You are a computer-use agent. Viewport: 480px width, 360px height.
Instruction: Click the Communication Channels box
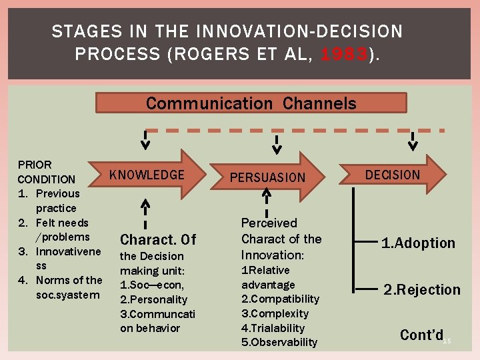click(251, 103)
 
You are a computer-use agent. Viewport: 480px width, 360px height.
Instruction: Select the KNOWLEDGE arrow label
click(147, 175)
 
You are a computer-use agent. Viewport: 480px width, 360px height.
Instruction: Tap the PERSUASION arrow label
click(267, 177)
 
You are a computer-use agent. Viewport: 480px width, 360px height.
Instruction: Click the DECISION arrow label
click(393, 175)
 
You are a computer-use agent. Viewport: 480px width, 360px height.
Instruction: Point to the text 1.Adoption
click(418, 243)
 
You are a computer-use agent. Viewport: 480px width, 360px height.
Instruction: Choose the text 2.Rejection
click(421, 289)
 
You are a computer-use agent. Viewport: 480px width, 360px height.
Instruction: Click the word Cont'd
click(421, 335)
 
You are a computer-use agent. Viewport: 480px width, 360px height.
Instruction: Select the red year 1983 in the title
click(343, 54)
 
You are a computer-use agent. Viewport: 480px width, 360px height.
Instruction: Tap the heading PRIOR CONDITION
click(46, 171)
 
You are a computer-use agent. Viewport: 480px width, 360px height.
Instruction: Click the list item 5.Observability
click(279, 342)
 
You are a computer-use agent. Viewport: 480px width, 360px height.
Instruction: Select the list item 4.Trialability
click(273, 328)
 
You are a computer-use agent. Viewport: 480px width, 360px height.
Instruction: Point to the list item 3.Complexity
click(275, 313)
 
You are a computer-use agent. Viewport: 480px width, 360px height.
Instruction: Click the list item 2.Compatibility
click(280, 299)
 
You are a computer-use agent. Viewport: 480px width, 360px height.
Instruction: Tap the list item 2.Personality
click(153, 299)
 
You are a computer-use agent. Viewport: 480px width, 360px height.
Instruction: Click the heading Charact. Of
click(158, 239)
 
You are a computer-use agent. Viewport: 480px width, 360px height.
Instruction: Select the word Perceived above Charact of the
click(269, 223)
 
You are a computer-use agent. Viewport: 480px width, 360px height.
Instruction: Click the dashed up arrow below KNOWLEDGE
click(145, 213)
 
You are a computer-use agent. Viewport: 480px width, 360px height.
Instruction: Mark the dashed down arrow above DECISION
click(413, 141)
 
